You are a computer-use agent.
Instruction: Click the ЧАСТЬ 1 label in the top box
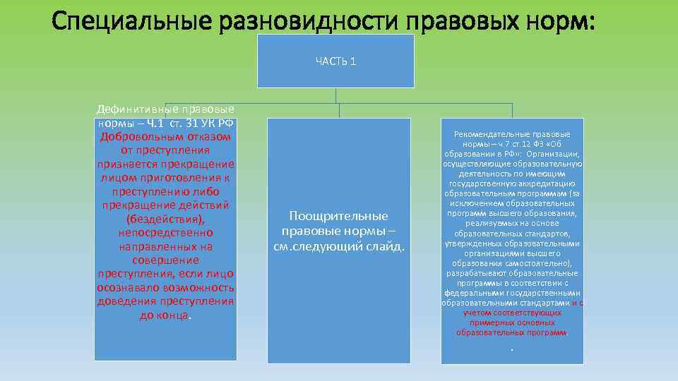pos(335,61)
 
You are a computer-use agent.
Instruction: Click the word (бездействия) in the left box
pos(165,218)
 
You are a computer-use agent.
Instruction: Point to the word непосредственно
pos(165,232)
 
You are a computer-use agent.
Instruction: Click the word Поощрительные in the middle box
pos(338,215)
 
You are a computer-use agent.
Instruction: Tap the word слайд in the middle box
pos(385,246)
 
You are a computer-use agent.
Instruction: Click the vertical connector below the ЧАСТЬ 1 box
pos(335,96)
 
